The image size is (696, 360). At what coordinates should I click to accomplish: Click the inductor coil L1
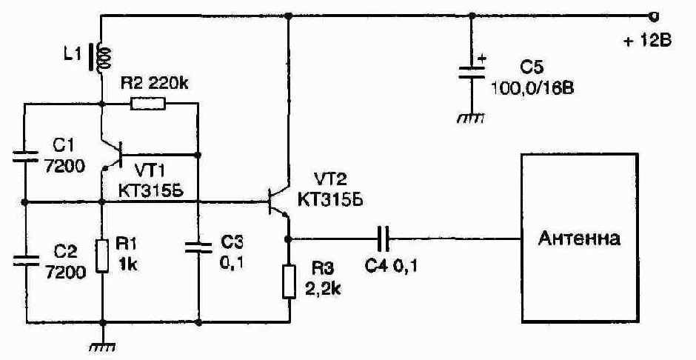tap(103, 57)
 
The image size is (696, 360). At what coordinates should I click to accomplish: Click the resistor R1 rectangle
tap(102, 256)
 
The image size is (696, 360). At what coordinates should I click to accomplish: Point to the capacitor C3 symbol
tap(198, 247)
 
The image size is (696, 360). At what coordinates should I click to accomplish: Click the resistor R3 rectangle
tap(289, 281)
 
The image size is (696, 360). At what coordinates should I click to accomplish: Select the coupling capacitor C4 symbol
tap(383, 239)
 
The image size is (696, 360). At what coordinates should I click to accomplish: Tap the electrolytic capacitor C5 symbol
tap(472, 73)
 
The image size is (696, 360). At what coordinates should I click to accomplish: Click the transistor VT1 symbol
tap(113, 155)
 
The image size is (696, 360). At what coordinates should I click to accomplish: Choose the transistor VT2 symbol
tap(278, 202)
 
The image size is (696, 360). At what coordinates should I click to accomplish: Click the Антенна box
tap(580, 238)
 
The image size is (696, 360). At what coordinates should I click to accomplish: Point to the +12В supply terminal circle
tap(653, 16)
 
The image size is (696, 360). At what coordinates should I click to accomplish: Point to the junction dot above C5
tap(472, 16)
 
